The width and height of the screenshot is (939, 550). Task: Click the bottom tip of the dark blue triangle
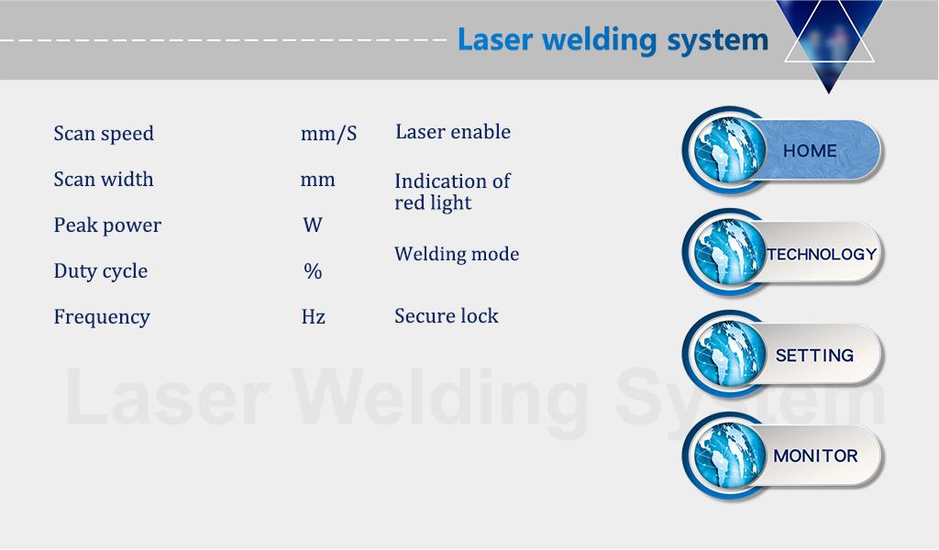[x=829, y=93]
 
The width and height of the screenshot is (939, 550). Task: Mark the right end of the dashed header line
[x=447, y=40]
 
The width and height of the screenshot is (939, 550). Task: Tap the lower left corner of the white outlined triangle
[x=785, y=61]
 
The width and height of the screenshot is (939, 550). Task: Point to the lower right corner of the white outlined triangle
[x=874, y=61]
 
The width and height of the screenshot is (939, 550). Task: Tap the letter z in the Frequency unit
[x=321, y=318]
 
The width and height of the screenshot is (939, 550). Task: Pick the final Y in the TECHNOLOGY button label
[x=871, y=254]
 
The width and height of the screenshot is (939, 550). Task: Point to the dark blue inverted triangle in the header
[x=829, y=42]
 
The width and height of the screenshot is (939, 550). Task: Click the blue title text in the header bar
[x=613, y=40]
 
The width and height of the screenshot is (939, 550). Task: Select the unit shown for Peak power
[x=313, y=225]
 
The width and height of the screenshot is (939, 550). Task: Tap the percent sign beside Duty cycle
[x=313, y=271]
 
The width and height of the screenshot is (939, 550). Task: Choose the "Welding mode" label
[x=457, y=254]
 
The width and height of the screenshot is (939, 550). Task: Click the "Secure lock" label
[x=447, y=315]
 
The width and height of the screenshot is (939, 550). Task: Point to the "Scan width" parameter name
[x=104, y=179]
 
